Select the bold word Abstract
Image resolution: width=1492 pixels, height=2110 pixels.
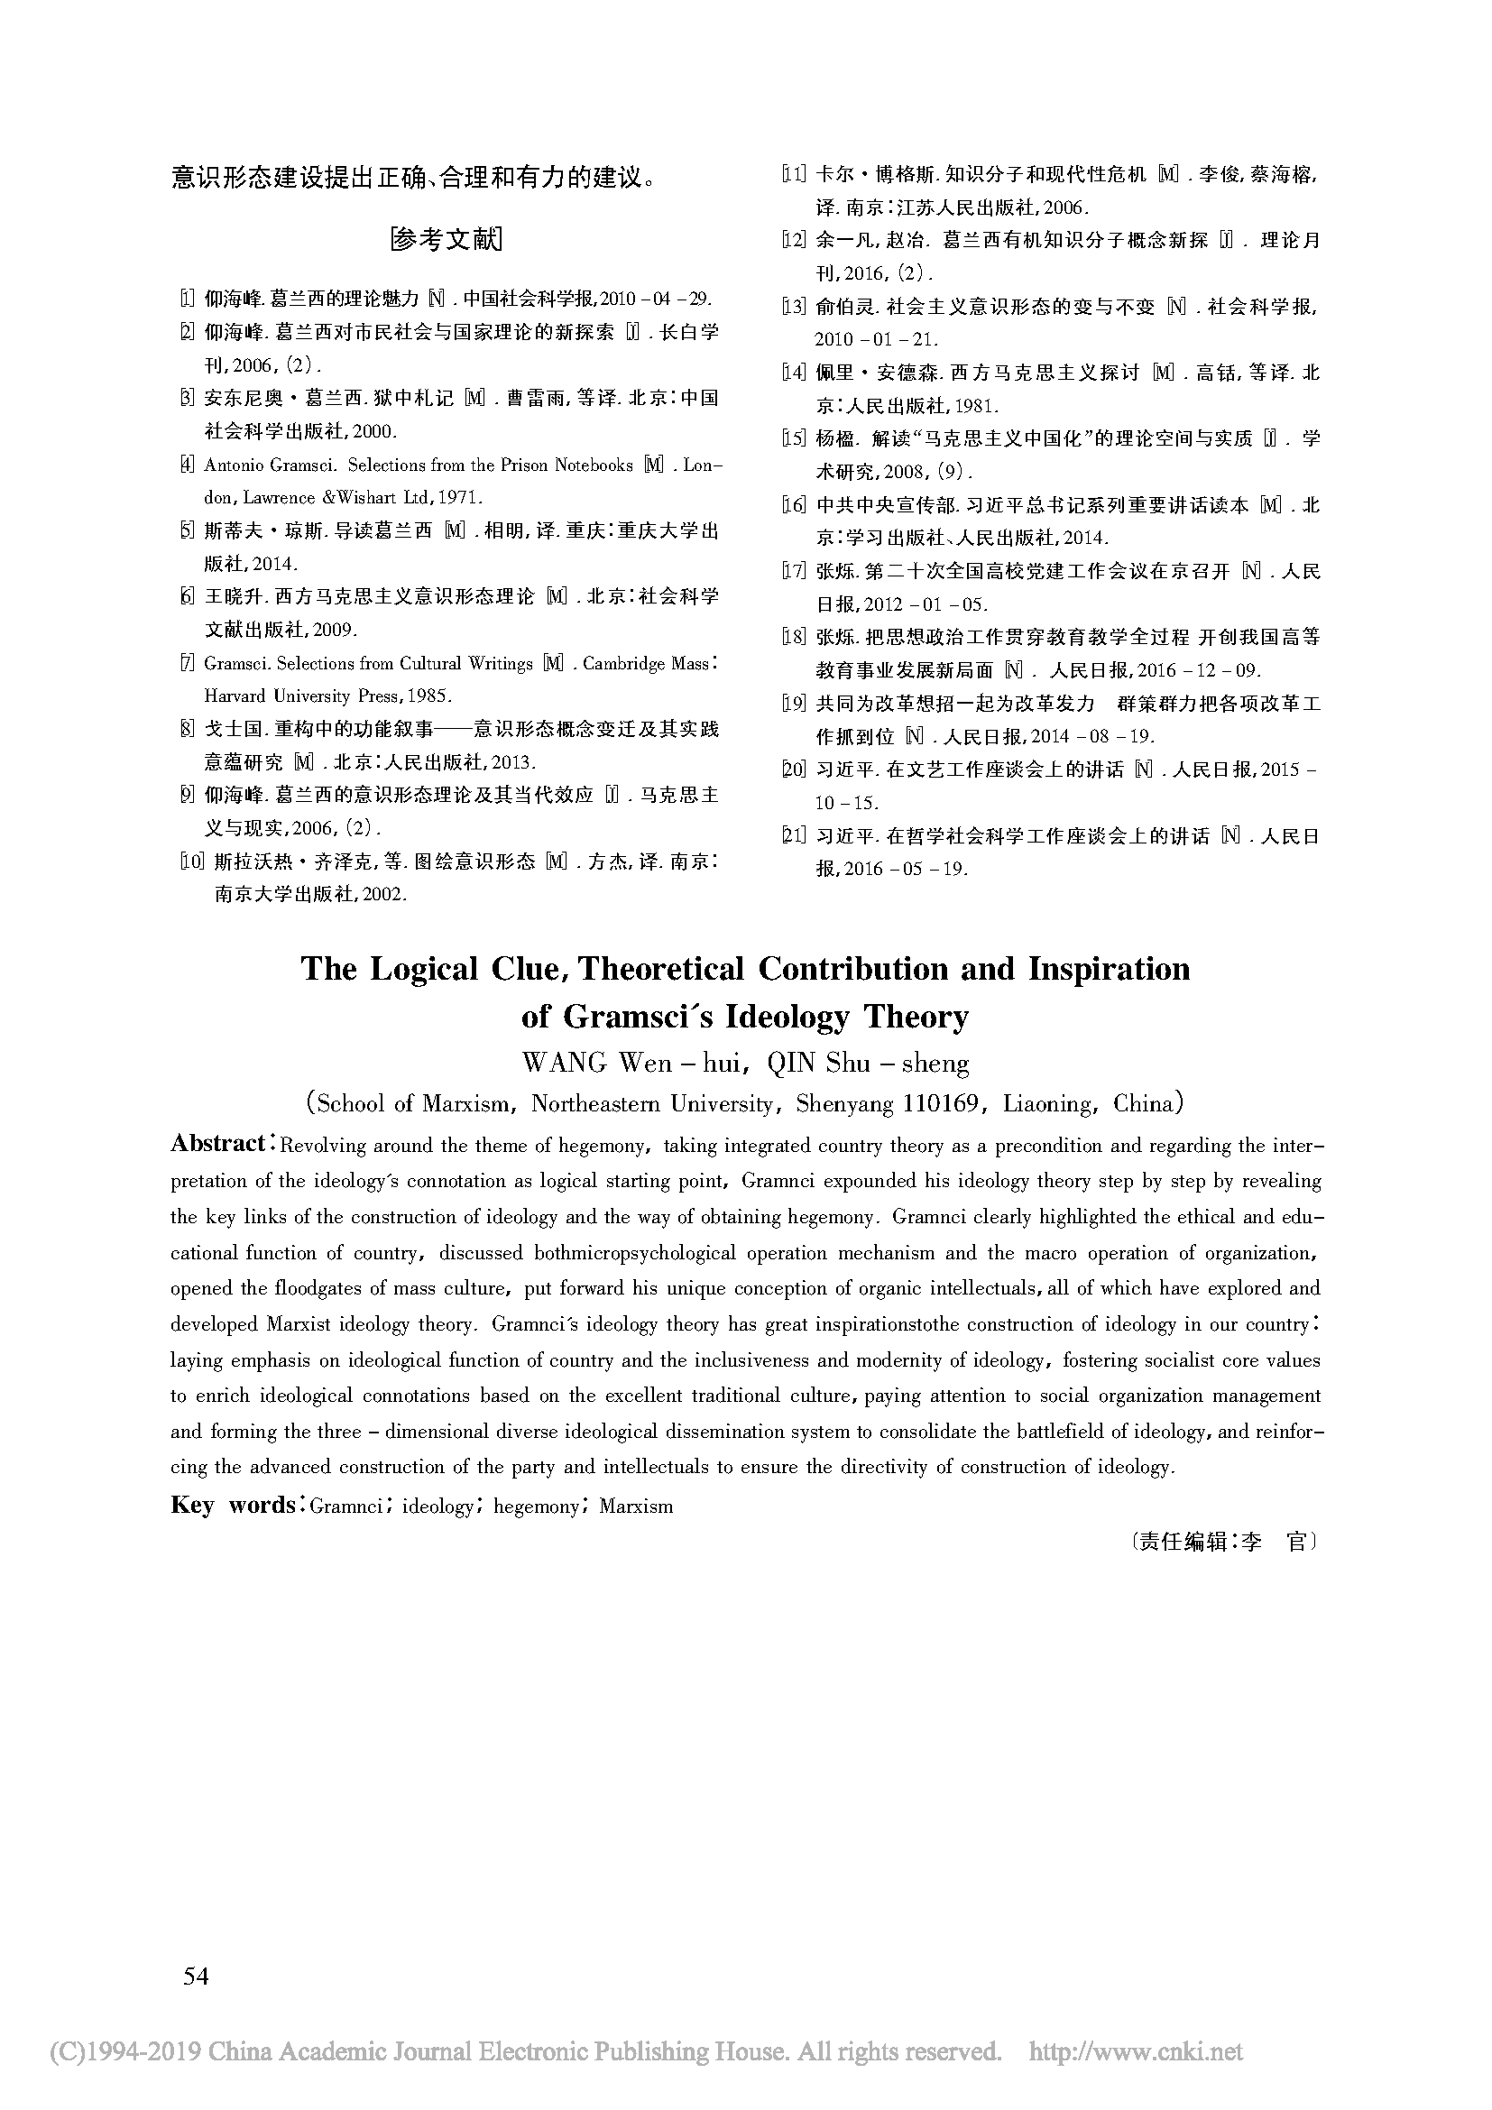217,1143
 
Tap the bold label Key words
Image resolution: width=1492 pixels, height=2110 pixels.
233,1505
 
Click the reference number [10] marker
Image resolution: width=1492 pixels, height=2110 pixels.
191,862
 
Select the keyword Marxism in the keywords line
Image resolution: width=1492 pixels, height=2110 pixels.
636,1506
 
